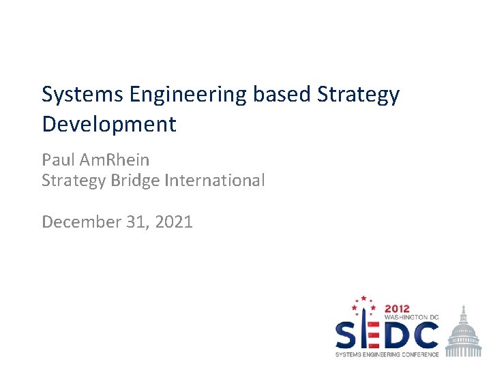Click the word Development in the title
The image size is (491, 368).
point(109,125)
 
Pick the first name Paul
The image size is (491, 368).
point(58,160)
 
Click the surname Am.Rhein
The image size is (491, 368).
point(114,160)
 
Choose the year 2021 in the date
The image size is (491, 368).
point(173,221)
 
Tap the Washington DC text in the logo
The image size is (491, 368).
point(411,318)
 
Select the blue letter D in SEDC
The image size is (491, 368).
point(395,335)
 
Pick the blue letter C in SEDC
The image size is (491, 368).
point(425,335)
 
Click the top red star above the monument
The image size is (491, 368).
point(363,298)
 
